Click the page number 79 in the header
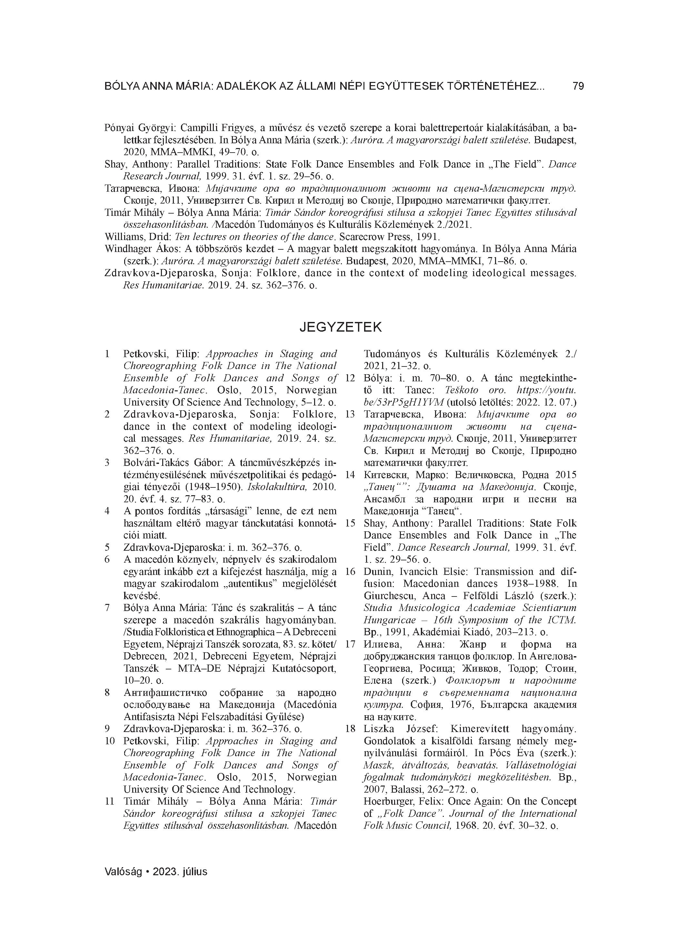[578, 86]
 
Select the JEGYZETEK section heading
[340, 327]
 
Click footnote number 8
[107, 693]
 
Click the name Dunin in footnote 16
[376, 571]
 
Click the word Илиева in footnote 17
[380, 644]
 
